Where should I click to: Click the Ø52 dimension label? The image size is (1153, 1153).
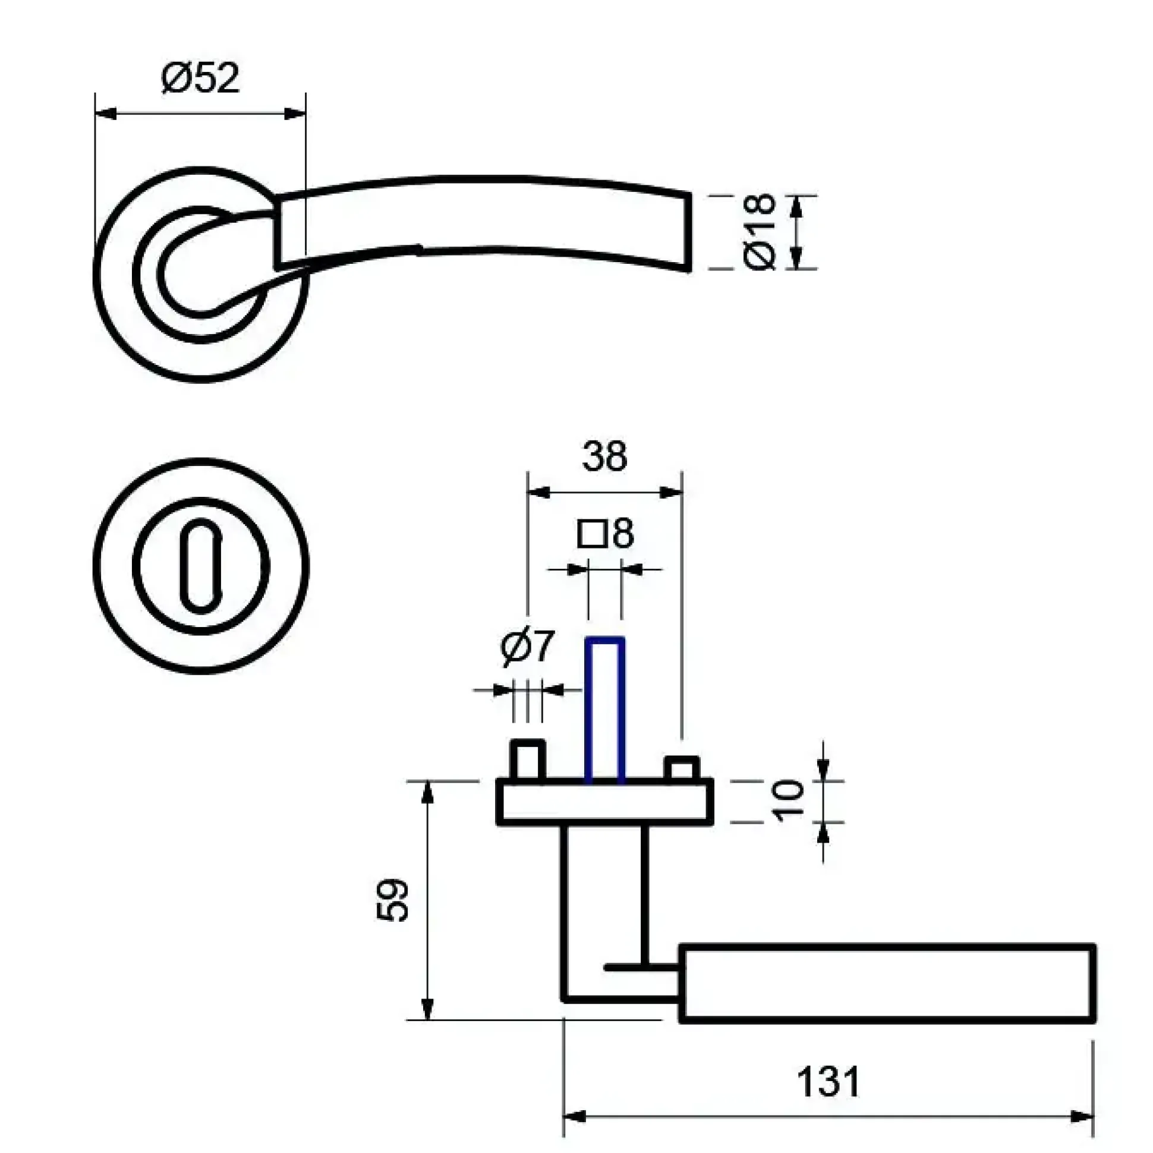coord(200,78)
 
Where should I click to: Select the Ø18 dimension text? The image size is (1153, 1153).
coord(760,232)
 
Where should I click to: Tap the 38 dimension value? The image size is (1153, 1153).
coord(604,456)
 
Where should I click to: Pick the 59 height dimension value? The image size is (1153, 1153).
coord(393,900)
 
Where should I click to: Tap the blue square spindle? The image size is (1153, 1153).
coord(605,710)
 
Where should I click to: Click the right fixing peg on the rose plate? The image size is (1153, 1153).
coord(682,767)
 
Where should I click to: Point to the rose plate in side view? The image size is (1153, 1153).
coord(605,802)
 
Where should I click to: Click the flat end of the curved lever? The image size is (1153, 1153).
coord(691,232)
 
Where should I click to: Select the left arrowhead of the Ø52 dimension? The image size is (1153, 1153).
coord(106,114)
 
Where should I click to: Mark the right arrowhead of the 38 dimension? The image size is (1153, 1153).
coord(670,492)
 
